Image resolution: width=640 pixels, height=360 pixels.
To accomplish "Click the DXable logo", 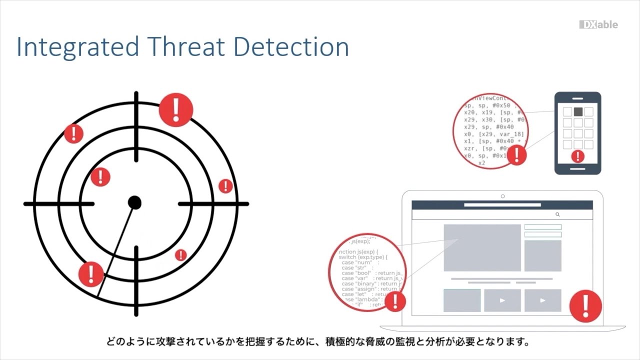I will pos(598,25).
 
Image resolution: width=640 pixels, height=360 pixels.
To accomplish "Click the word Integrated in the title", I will pos(78,47).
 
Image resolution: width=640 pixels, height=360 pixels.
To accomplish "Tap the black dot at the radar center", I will pos(134,202).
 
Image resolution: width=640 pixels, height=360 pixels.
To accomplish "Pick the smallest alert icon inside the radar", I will pos(180,255).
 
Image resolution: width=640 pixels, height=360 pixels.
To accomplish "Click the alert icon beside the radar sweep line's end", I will pos(91,273).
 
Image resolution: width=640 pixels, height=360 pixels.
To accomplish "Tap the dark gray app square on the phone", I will pos(578,111).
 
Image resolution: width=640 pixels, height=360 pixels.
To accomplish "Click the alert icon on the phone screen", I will pos(577,156).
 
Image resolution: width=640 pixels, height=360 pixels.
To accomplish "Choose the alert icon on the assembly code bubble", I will pos(516,154).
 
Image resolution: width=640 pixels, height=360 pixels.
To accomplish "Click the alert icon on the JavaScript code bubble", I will pos(395,301).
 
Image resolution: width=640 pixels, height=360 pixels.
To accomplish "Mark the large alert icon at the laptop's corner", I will pos(585,304).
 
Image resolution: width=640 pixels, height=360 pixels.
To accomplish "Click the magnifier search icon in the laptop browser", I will pos(557,214).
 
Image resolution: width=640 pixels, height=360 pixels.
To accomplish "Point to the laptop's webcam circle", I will pos(502,196).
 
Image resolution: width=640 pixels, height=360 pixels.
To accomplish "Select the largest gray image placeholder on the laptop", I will pos(482,247).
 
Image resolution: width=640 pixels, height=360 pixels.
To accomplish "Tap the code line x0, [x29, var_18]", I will pos(494,134).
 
